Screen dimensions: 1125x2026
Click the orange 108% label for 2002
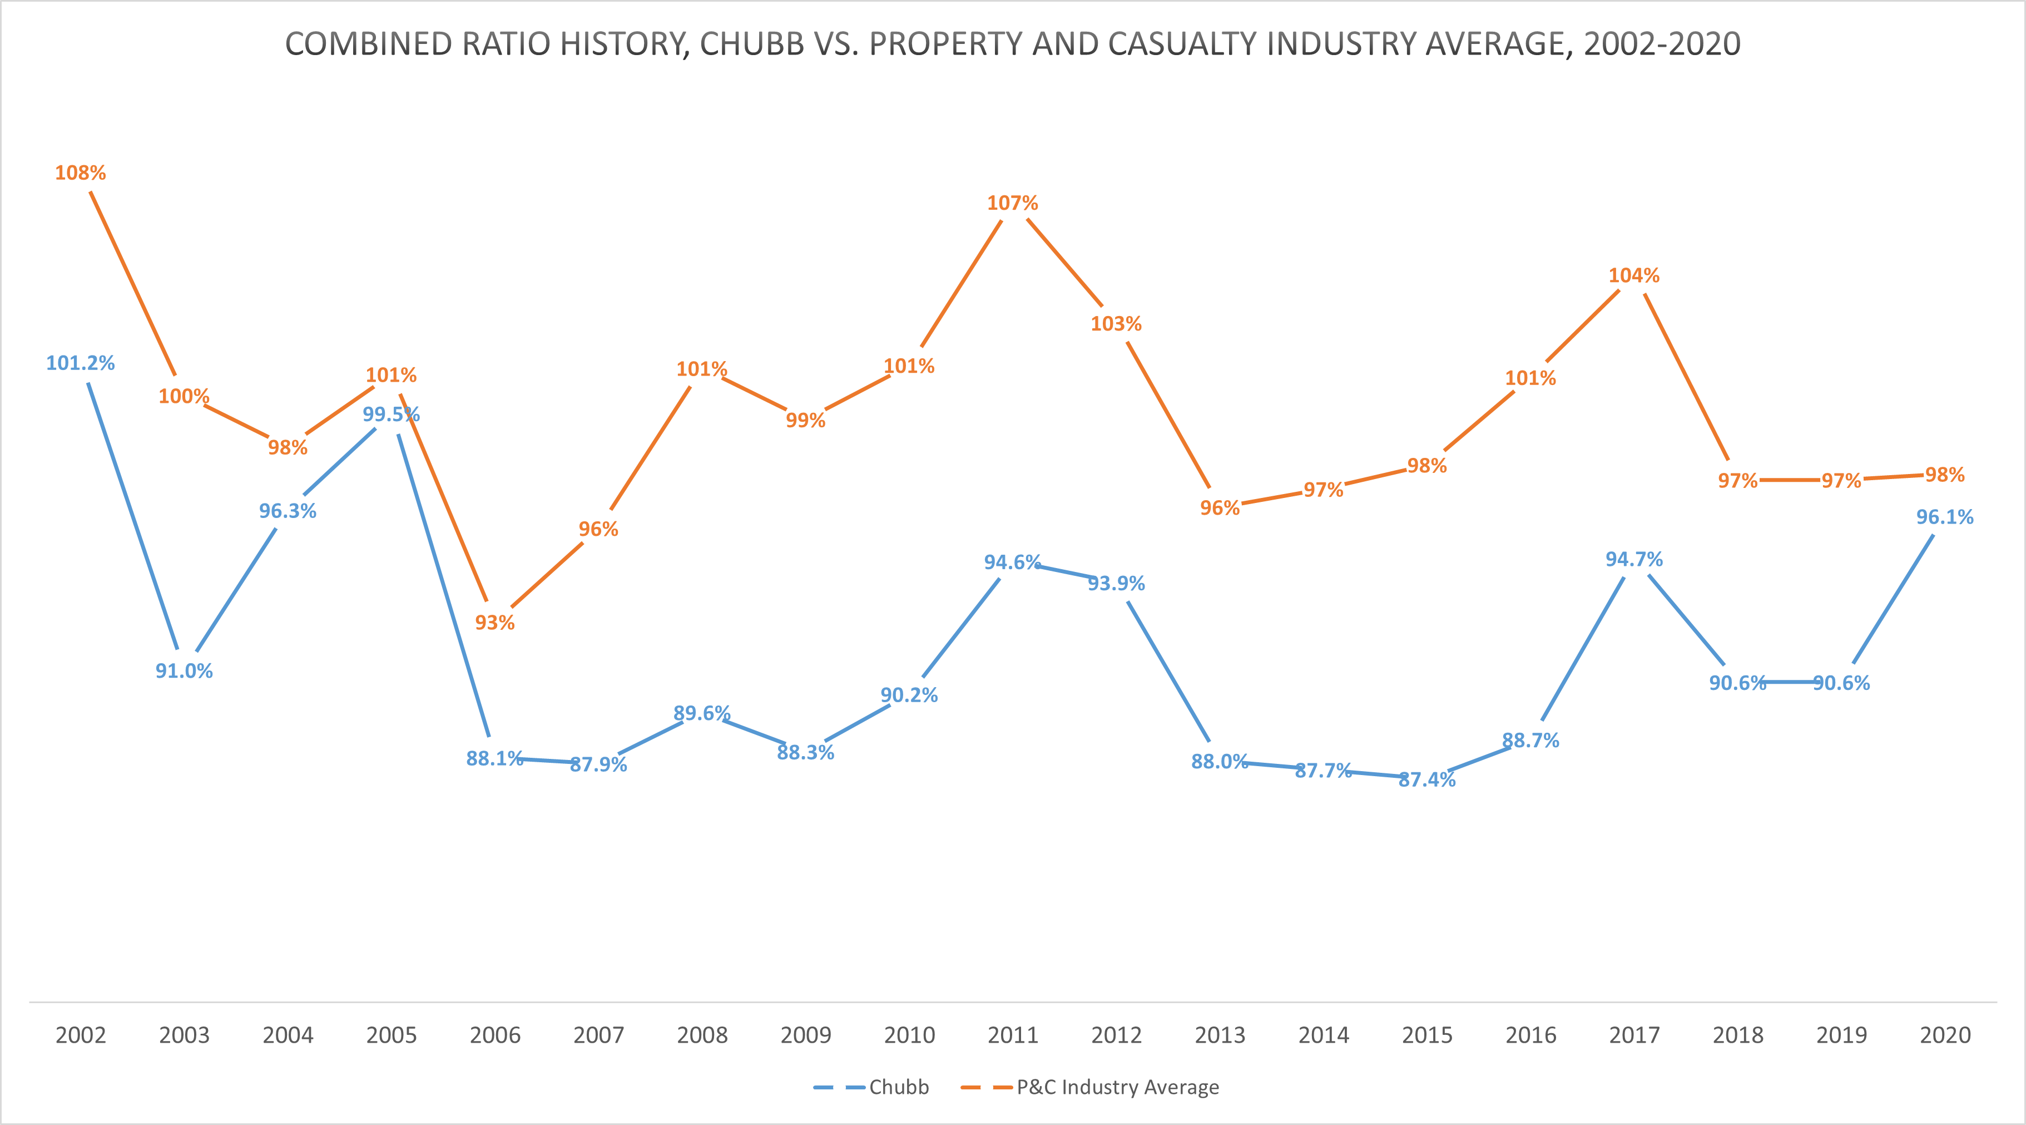pos(80,173)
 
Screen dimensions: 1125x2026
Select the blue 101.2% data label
pos(80,363)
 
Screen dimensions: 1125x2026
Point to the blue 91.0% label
pos(184,671)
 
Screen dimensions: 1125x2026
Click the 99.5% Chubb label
pos(391,415)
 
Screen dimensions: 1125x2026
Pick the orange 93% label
pos(495,623)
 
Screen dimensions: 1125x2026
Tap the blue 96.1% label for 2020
pos(1944,517)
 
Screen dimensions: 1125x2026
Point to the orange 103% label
pos(1116,324)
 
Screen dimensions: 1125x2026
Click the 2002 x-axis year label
pos(80,1035)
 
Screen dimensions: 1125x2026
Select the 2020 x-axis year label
pos(1944,1035)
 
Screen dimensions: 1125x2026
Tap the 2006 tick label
pos(495,1035)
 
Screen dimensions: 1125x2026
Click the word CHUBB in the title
pos(752,44)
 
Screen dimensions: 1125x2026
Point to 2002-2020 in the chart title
pos(1662,44)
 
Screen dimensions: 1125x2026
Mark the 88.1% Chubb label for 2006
pos(495,758)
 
